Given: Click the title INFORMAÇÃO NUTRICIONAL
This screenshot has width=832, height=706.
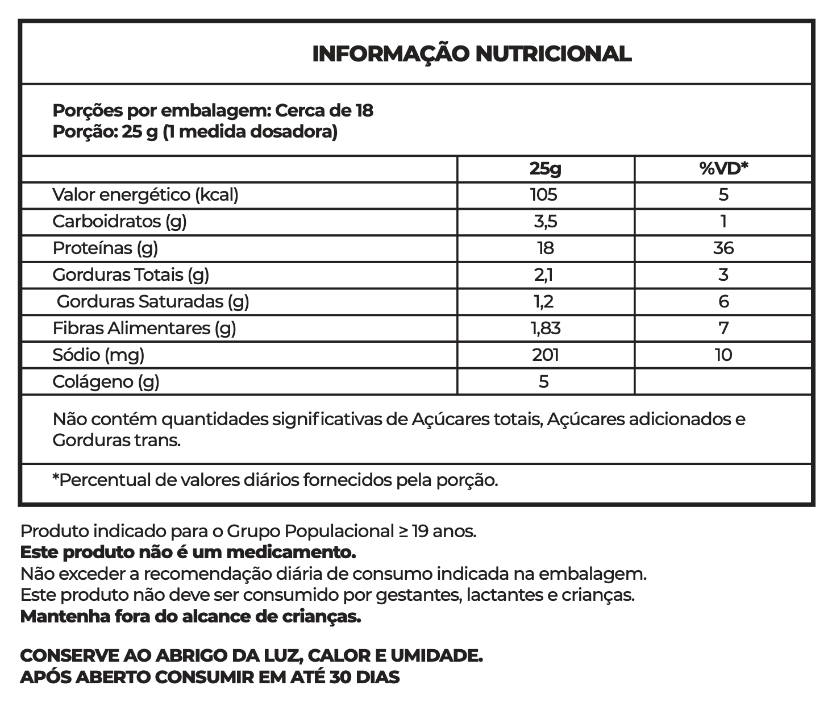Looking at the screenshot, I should (472, 54).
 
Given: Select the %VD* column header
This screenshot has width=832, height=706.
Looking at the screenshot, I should (723, 168).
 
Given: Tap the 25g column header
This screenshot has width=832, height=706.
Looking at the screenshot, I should (544, 168).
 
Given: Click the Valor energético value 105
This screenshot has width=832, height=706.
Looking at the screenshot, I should (544, 195).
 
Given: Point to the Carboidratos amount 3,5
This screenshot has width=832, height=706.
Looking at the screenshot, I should (544, 221).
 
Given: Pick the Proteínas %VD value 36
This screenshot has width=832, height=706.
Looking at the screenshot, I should (723, 248).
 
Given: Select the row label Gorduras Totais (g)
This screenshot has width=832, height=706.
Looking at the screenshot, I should (131, 275).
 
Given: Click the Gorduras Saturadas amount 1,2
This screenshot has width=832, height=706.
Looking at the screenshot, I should (544, 301).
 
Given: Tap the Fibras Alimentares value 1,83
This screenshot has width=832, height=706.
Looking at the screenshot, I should (545, 328).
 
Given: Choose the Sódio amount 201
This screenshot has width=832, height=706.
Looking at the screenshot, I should (545, 355).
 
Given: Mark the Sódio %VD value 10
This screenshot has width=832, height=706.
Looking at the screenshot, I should (723, 355).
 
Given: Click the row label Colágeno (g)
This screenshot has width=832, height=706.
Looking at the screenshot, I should (106, 382).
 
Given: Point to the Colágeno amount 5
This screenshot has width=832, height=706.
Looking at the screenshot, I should (544, 381).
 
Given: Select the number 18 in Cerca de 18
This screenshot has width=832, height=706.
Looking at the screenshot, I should (364, 110).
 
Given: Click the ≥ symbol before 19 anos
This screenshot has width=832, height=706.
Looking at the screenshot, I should (402, 532).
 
